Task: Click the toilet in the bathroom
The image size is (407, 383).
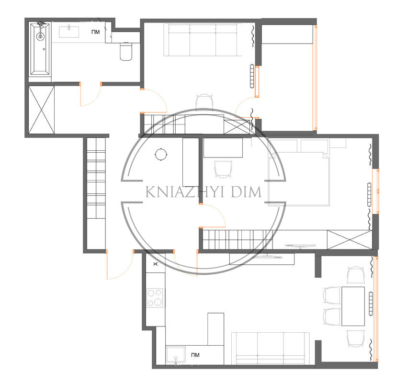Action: [x=126, y=51]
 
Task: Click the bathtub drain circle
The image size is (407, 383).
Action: [x=40, y=36]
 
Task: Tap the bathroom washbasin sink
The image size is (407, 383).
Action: [x=69, y=32]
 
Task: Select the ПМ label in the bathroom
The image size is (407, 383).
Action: [x=95, y=32]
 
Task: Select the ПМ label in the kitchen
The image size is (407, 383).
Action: [x=195, y=355]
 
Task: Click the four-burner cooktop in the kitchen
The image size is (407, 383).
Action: [x=155, y=298]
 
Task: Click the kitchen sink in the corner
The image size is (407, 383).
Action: [x=176, y=354]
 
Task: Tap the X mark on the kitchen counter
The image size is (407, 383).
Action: [x=156, y=264]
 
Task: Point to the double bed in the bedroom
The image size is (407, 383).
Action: [x=299, y=179]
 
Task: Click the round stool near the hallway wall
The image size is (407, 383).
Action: [x=161, y=154]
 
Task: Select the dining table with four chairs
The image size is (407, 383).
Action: [x=353, y=306]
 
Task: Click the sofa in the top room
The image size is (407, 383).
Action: [x=203, y=40]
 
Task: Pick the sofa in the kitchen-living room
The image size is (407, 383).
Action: [x=271, y=348]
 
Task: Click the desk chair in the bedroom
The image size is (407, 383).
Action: [x=223, y=169]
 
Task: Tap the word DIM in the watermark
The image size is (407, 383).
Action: [x=246, y=192]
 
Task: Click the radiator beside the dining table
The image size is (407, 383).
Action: [x=371, y=304]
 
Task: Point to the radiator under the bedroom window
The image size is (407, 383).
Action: [x=369, y=195]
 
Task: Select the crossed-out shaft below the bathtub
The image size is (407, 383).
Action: [x=41, y=110]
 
